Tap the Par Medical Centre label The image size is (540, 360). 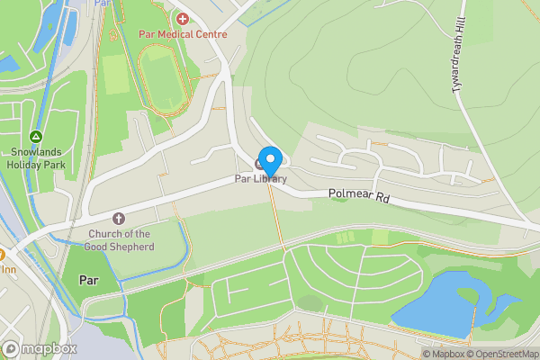[x=183, y=34]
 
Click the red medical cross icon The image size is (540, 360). [x=183, y=19]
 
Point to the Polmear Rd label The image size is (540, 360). [x=357, y=193]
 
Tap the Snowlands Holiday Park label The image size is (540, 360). [x=36, y=158]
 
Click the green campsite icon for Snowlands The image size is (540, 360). [x=36, y=136]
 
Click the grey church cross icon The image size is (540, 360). [x=118, y=219]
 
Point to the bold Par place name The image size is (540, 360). [x=88, y=280]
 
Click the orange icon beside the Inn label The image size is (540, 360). [x=2, y=254]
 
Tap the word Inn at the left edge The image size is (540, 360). [x=9, y=268]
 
